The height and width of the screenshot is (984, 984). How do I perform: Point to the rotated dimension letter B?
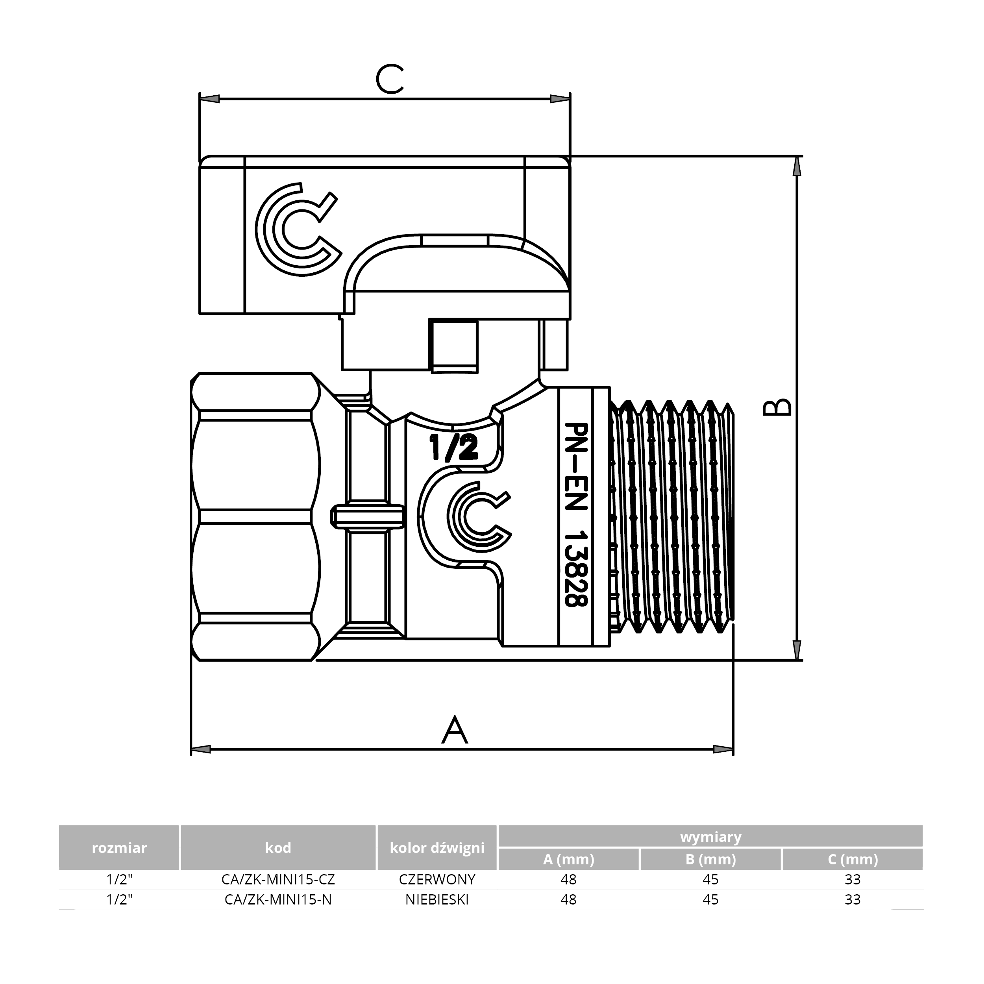coord(777,407)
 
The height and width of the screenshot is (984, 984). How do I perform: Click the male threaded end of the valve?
coord(672,516)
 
